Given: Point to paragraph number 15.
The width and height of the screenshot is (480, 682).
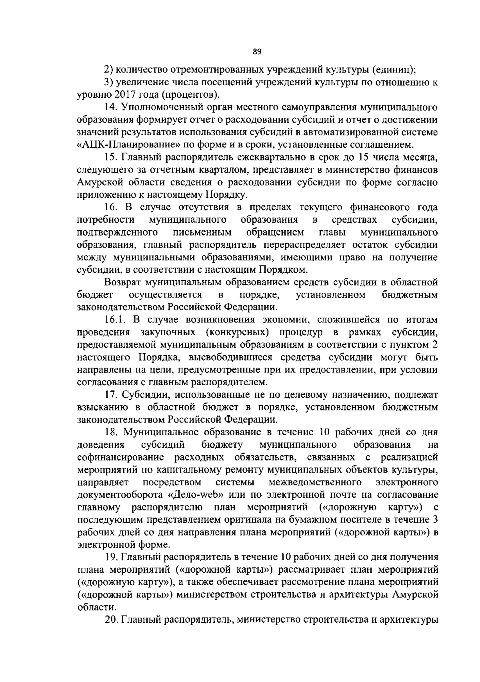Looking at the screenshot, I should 111,157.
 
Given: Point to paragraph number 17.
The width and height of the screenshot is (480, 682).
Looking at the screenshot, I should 111,395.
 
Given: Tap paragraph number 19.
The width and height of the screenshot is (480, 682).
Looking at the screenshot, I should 111,557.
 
